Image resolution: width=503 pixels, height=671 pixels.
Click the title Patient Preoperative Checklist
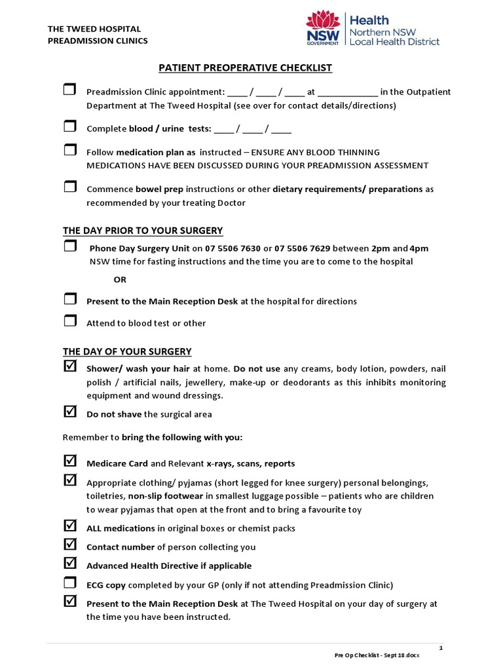click(246, 67)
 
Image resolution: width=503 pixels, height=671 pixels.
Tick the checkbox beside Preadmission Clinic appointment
click(69, 90)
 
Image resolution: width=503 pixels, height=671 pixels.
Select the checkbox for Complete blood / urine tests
click(69, 126)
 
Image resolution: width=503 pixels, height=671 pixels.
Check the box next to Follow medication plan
click(69, 150)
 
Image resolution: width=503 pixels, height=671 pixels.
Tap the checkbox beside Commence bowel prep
click(69, 187)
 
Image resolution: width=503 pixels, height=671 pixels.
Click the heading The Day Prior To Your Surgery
click(143, 231)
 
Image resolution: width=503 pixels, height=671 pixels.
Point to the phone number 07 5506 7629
click(303, 249)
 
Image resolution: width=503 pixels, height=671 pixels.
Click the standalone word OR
click(120, 279)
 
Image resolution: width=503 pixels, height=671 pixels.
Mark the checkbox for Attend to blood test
click(69, 321)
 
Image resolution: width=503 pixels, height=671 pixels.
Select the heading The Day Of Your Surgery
click(127, 352)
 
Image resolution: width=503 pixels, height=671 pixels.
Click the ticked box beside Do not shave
click(69, 412)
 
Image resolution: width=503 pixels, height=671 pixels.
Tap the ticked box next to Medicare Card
click(69, 461)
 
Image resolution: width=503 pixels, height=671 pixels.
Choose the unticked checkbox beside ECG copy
click(69, 583)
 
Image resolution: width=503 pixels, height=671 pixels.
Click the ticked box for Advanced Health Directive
click(69, 564)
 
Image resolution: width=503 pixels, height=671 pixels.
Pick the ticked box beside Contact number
click(69, 545)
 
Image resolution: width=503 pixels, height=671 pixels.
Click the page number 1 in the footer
click(441, 647)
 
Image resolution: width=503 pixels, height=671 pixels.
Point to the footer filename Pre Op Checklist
click(377, 655)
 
